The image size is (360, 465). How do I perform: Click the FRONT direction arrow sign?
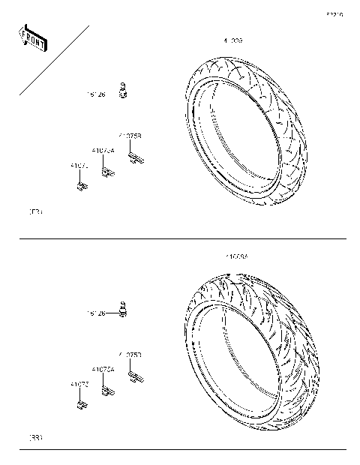coord(32,39)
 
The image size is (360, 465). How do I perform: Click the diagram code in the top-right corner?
coord(334,14)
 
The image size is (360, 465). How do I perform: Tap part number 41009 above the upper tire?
coord(232,38)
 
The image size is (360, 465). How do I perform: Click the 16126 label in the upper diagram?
coord(96,95)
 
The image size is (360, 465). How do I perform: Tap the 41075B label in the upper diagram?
coord(130,136)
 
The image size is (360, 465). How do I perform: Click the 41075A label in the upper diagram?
coord(103,151)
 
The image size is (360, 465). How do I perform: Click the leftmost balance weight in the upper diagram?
coord(80,184)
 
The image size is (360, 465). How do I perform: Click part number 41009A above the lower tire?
coord(236,256)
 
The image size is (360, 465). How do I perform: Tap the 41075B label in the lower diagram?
coord(130,354)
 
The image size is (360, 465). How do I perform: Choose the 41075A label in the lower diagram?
coord(103,369)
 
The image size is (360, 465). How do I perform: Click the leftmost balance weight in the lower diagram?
coord(79,405)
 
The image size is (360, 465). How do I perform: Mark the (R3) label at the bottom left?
coord(35,436)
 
